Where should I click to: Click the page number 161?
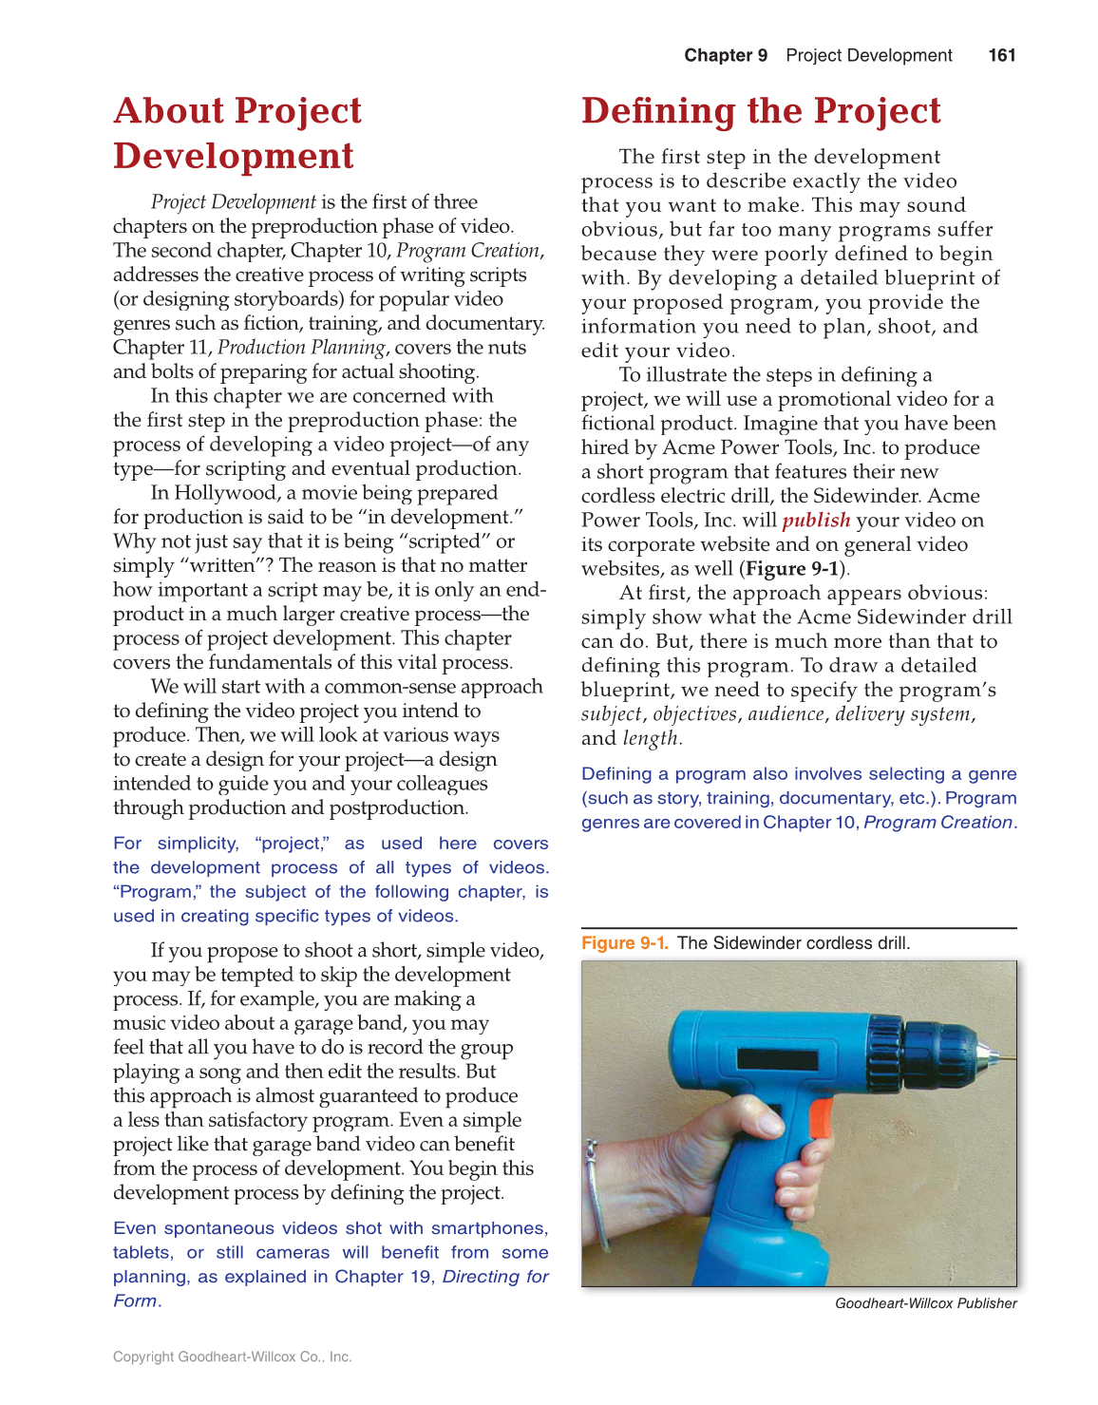pos(1001,55)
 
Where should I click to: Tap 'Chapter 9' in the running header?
pos(726,55)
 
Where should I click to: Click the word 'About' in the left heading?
pos(169,111)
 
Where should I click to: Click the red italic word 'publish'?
pos(816,520)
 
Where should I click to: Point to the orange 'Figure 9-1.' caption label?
pos(624,942)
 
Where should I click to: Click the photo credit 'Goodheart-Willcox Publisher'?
pos(925,1303)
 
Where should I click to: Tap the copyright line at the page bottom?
pos(232,1357)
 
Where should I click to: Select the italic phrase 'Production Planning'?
pos(301,347)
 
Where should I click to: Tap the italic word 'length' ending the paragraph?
pos(650,738)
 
